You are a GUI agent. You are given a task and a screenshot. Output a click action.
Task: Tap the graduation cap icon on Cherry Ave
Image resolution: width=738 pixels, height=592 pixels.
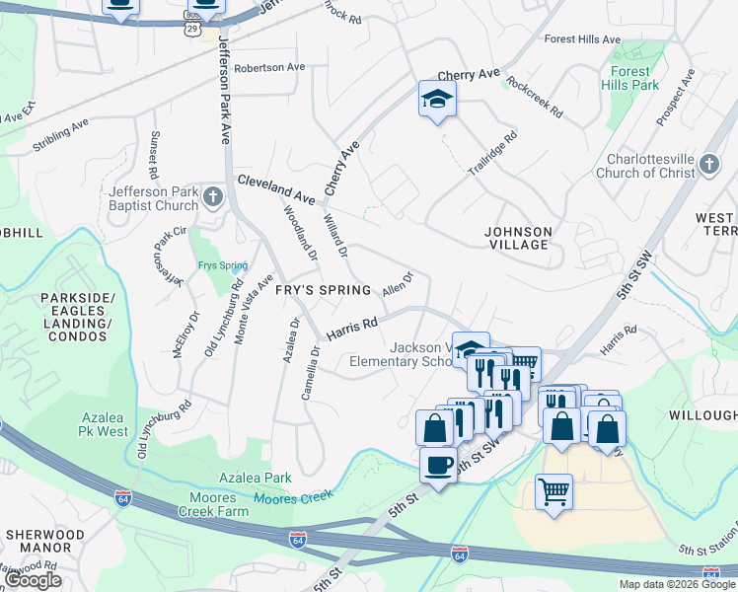(x=435, y=98)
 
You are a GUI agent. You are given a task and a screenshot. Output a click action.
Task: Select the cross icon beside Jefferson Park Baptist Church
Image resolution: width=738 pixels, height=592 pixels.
(x=211, y=197)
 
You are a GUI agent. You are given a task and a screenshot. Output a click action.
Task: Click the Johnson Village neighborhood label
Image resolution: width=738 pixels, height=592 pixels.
(x=518, y=238)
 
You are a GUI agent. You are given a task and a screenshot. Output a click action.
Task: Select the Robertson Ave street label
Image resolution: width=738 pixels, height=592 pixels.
(x=269, y=67)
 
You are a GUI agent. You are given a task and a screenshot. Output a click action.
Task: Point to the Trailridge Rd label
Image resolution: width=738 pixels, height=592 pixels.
(x=492, y=156)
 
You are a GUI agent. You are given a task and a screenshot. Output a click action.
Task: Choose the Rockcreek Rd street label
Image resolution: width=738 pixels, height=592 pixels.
(x=534, y=97)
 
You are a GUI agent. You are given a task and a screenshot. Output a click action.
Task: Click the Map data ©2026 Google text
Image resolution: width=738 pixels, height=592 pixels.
(x=677, y=584)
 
